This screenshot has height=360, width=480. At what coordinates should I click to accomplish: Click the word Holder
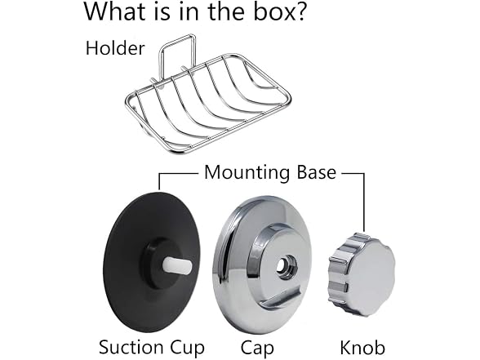tap(115, 48)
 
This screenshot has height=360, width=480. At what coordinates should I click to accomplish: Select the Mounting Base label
tap(270, 172)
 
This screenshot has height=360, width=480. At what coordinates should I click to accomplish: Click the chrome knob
tap(362, 274)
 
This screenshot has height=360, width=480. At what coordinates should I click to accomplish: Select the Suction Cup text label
tap(152, 348)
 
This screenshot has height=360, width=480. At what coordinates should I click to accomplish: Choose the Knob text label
tap(362, 348)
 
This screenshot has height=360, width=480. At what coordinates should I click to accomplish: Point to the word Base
tap(316, 172)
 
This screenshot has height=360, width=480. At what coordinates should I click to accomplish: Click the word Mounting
tap(247, 173)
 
